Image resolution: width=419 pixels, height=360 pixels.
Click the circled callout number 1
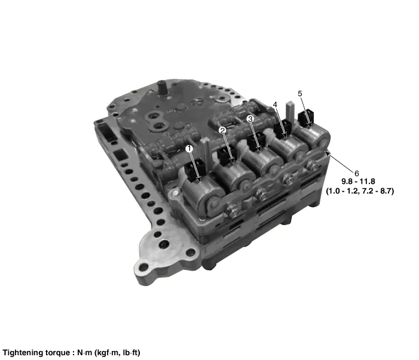coord(189,149)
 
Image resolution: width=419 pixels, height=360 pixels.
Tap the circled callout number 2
coord(222,130)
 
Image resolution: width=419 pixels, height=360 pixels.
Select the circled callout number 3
coord(250,119)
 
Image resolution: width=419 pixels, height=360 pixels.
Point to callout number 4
coord(275,104)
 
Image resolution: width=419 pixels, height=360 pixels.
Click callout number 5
coord(300,94)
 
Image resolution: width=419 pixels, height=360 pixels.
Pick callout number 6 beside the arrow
coord(356,174)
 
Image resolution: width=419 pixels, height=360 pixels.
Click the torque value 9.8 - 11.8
coord(358,181)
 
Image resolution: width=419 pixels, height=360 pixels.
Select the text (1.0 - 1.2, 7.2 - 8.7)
coord(360,191)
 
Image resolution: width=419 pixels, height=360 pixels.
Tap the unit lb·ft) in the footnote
coord(131,353)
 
